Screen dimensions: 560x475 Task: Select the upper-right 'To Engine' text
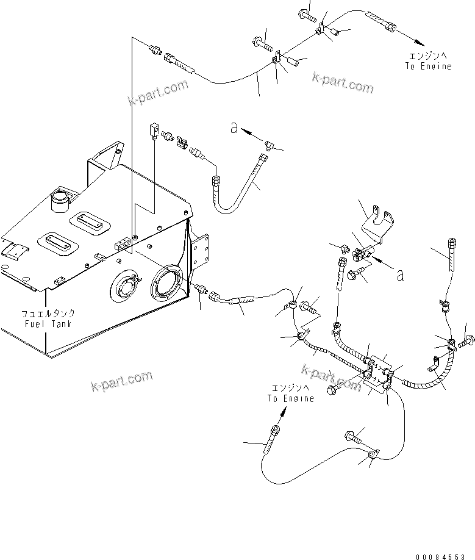[428, 66]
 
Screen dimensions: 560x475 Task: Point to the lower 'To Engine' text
[291, 398]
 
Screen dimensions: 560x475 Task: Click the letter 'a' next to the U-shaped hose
[234, 127]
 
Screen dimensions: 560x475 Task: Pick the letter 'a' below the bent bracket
[399, 275]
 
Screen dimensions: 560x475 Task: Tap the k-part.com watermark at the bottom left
[121, 382]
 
